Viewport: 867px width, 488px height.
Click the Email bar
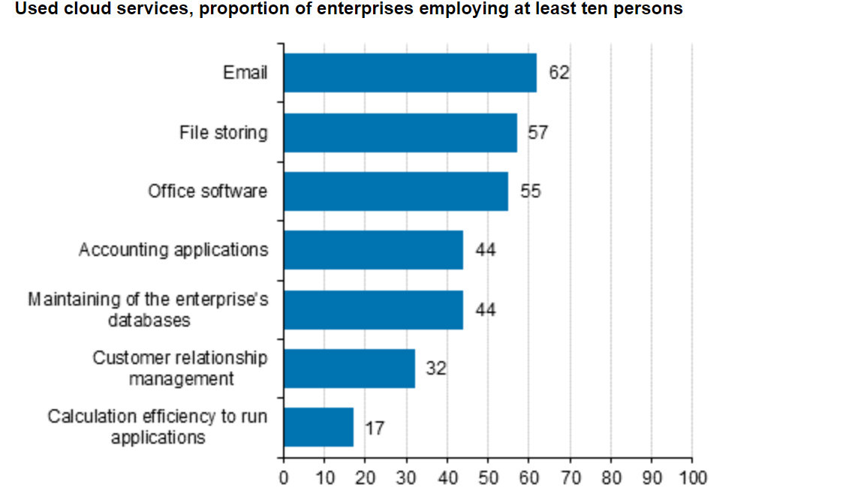pyautogui.click(x=410, y=73)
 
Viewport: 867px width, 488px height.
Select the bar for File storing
pyautogui.click(x=400, y=132)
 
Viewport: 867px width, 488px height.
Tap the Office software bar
pyautogui.click(x=396, y=191)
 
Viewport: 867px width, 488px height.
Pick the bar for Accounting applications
pyautogui.click(x=373, y=249)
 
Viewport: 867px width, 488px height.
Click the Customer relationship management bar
pyautogui.click(x=349, y=368)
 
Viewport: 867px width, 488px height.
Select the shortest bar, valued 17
pyautogui.click(x=318, y=426)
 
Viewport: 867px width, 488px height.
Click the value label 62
pyautogui.click(x=559, y=74)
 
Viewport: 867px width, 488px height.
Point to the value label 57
pyautogui.click(x=538, y=133)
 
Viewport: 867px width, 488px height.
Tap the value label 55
pyautogui.click(x=530, y=191)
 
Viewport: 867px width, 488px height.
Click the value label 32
pyautogui.click(x=436, y=369)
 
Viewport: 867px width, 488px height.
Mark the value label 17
pyautogui.click(x=375, y=428)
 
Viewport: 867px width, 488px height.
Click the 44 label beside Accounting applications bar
pyautogui.click(x=486, y=250)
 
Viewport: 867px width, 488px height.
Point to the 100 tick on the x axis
pyautogui.click(x=692, y=478)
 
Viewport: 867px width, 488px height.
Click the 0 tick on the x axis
pyautogui.click(x=284, y=478)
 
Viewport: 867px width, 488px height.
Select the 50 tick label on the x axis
pyautogui.click(x=488, y=478)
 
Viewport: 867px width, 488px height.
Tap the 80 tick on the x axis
pyautogui.click(x=610, y=478)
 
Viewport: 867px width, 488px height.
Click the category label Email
pyautogui.click(x=245, y=74)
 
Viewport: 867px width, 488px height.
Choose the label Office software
pyautogui.click(x=207, y=191)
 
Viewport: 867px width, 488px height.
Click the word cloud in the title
pyautogui.click(x=81, y=10)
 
